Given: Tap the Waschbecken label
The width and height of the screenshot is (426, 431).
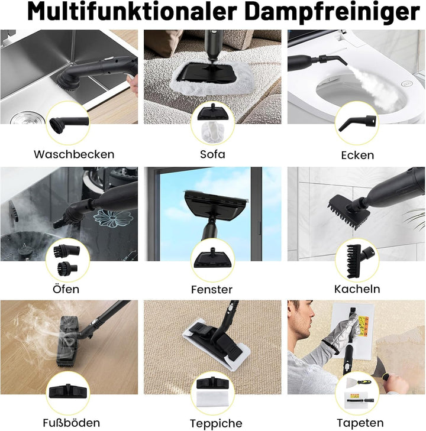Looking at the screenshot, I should [74, 155].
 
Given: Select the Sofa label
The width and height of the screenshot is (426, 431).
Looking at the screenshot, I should [212, 155].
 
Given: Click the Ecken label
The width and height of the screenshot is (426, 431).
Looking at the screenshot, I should [357, 155].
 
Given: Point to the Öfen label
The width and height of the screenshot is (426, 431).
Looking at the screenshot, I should [66, 290].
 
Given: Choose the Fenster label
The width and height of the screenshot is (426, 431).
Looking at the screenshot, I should [212, 290].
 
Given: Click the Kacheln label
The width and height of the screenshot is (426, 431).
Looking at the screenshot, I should [357, 289].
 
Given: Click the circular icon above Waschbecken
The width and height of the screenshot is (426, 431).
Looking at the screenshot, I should [68, 121].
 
